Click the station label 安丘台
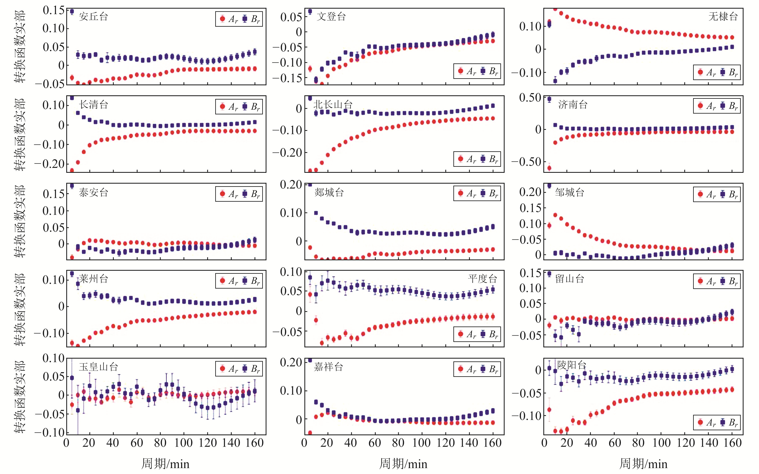tap(93, 17)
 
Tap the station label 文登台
tap(331, 17)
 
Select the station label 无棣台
tap(723, 17)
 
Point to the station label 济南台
tap(573, 105)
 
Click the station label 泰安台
tap(93, 192)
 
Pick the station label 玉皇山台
tap(98, 367)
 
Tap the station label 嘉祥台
tap(328, 367)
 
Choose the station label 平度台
tap(482, 279)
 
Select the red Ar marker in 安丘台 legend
tap(222, 19)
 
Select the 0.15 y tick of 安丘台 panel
tap(54, 10)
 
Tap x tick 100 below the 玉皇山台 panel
tap(184, 443)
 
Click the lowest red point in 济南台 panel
tap(549, 168)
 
